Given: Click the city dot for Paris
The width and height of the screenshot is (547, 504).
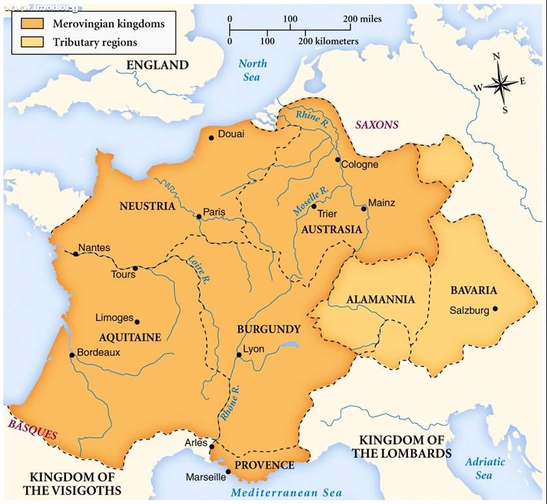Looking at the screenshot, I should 198,216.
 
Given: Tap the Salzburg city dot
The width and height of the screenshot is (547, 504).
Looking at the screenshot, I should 495,309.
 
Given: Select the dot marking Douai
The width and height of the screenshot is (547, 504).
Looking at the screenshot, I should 211,138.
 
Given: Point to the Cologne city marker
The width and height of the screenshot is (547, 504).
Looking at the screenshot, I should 337,160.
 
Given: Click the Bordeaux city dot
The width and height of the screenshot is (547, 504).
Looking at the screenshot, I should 72,355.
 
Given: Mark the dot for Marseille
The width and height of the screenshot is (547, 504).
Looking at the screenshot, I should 228,471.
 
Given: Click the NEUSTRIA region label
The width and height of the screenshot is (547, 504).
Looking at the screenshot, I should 148,206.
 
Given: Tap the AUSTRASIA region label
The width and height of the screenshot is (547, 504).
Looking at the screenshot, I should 332,230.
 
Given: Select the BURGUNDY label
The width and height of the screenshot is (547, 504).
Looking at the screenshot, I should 268,329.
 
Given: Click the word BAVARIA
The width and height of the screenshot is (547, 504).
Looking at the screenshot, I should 474,290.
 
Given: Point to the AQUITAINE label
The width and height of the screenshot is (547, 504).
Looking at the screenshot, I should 131,337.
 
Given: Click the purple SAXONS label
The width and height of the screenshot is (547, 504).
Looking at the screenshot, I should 377,125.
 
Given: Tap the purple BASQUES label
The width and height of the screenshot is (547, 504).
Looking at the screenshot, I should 33,430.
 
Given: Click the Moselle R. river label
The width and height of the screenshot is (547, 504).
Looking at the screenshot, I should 310,202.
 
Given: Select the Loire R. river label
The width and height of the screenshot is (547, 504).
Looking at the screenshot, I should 197,269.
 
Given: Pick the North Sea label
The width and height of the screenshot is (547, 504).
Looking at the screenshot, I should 252,70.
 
